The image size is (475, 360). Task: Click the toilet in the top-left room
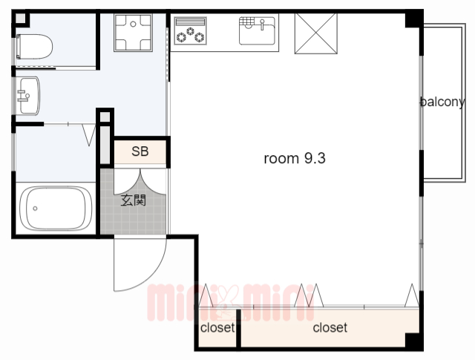(x=35, y=47)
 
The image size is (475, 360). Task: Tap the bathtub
(x=56, y=208)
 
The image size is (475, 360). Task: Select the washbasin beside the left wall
(x=28, y=96)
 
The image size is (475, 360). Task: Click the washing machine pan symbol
(x=133, y=33)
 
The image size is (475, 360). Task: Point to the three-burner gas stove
(x=190, y=31)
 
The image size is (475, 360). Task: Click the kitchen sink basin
(x=258, y=31)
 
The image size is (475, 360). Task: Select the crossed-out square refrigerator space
(x=316, y=33)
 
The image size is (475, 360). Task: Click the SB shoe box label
(x=140, y=151)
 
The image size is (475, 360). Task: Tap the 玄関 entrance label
(x=134, y=200)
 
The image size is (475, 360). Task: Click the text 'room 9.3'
(x=295, y=158)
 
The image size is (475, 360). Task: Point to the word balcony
(x=442, y=102)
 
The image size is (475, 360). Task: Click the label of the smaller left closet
(x=217, y=327)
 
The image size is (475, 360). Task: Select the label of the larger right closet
(x=330, y=327)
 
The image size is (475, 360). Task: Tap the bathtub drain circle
(x=35, y=209)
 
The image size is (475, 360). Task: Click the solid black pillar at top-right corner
(x=414, y=19)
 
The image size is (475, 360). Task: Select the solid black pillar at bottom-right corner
(x=414, y=341)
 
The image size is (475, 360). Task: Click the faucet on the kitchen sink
(x=262, y=24)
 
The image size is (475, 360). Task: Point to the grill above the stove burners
(x=190, y=22)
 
